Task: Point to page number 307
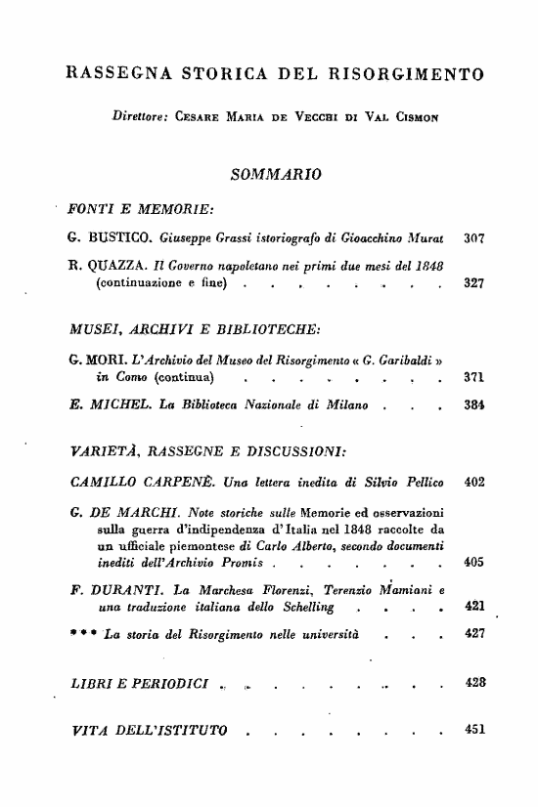475,238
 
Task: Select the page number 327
475,284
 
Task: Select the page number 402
475,483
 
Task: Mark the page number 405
475,563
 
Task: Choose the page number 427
475,633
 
